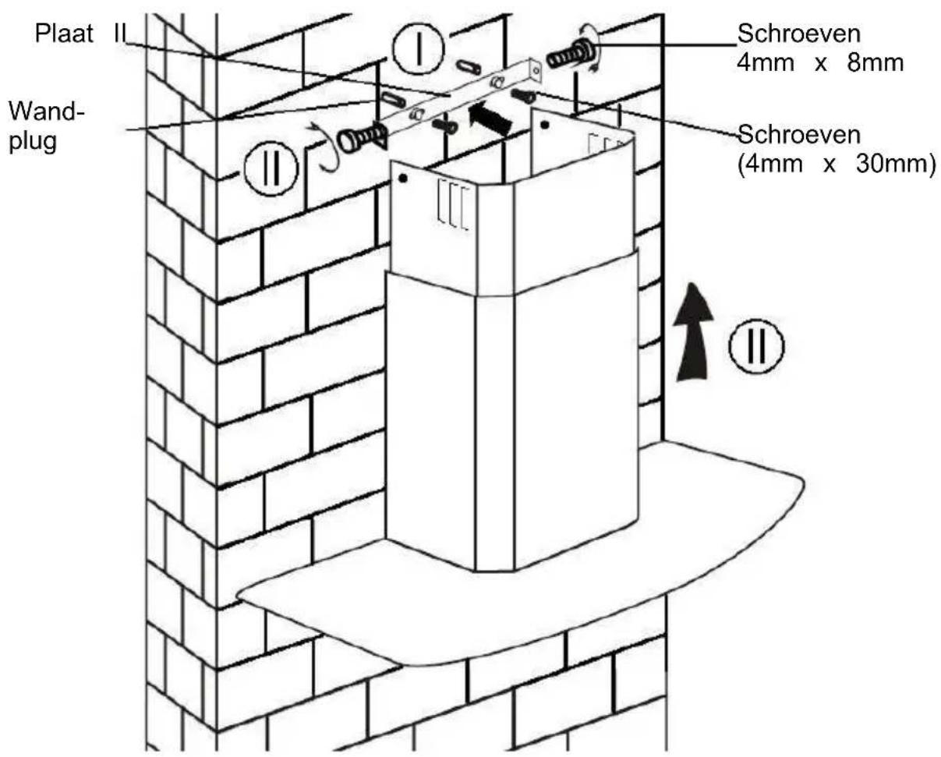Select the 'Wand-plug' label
click(45, 128)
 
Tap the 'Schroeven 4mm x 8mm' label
click(820, 48)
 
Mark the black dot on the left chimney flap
click(402, 178)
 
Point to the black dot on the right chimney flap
click(545, 124)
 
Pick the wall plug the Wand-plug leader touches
click(391, 100)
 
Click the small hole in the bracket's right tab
click(535, 72)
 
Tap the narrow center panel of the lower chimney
click(493, 429)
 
